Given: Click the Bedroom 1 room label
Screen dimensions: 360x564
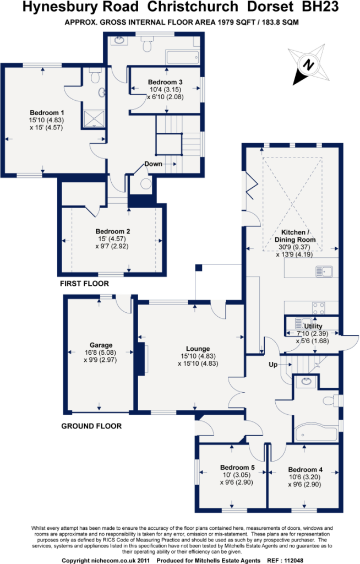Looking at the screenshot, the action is point(47,113).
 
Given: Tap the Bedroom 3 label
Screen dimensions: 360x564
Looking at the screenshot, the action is point(165,82).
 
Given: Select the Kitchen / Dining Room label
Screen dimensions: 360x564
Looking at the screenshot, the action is point(295,236).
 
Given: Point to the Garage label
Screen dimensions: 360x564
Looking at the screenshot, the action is point(101,345).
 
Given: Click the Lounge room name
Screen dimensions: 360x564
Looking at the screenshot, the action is point(198,349).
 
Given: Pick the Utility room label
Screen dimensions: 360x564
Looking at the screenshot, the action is point(313,326).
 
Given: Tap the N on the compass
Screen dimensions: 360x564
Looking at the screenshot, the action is point(308,65).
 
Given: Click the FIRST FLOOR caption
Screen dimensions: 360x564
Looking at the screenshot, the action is point(85,284).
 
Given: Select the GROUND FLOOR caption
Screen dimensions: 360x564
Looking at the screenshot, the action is point(91,426).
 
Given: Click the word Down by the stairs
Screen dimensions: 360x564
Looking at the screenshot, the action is point(153,164).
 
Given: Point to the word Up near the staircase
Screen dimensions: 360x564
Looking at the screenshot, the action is point(273,365).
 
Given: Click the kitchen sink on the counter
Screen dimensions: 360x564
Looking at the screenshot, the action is point(324,271).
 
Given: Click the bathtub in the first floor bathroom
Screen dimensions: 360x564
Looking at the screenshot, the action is point(182,57).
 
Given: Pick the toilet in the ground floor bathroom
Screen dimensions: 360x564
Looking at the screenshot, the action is point(331,400).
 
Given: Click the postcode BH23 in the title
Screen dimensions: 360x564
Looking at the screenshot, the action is point(320,7).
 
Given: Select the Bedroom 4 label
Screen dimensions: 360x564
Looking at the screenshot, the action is point(306,469).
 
